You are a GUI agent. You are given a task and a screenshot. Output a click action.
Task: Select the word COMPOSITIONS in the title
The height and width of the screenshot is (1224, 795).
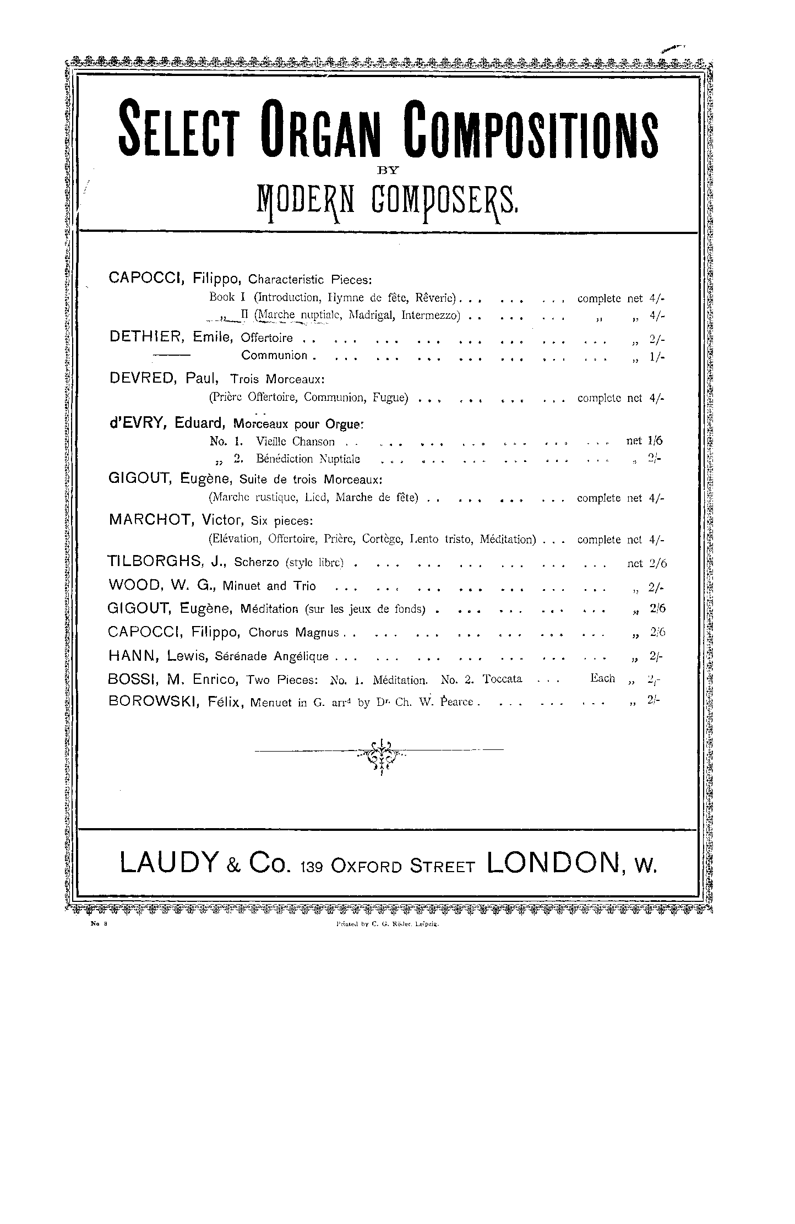531,127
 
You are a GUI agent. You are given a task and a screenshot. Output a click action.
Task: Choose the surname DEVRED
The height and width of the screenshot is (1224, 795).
144,378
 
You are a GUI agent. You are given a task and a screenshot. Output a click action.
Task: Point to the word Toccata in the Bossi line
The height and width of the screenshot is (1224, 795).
502,679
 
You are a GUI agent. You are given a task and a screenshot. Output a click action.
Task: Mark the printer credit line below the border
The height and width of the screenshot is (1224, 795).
386,926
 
